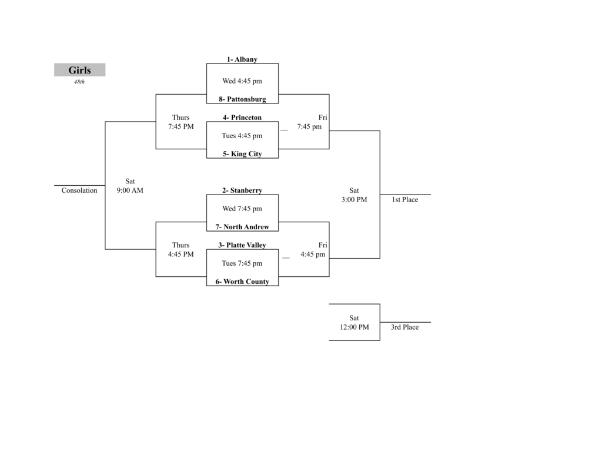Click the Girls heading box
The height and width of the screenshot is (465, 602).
[79, 70]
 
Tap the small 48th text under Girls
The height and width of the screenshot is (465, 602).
[79, 82]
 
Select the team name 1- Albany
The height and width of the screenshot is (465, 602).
[242, 59]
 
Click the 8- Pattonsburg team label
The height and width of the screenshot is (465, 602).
[242, 99]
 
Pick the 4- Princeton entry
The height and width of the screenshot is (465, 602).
[242, 118]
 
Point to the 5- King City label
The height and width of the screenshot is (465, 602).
[242, 154]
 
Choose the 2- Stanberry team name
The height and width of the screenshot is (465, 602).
[242, 190]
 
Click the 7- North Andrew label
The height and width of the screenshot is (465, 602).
[242, 227]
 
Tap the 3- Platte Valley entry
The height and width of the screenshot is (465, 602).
[242, 245]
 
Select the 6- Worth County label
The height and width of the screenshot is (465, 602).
[242, 282]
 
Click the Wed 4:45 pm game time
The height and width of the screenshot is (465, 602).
[242, 81]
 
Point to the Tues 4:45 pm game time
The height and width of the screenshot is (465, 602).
[242, 136]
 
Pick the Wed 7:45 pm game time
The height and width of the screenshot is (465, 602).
[242, 209]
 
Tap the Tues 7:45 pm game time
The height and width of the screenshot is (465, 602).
[242, 263]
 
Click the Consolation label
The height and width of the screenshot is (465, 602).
[79, 190]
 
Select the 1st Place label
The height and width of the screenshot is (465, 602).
[405, 200]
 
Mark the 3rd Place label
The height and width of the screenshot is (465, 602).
[405, 327]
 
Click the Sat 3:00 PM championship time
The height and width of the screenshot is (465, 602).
[354, 195]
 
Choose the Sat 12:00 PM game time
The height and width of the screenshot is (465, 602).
[354, 323]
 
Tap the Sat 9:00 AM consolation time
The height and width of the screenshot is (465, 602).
[130, 186]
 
